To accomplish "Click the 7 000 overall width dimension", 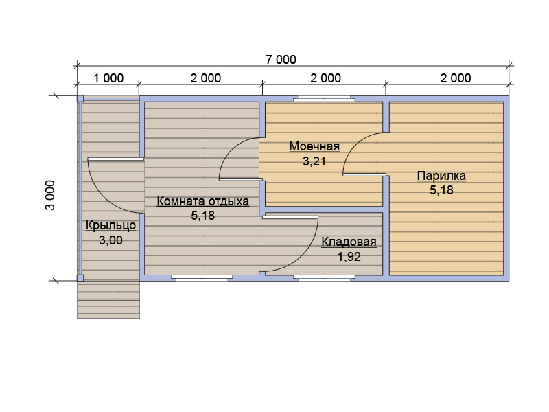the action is [x=281, y=60].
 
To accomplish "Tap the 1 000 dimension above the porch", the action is [x=108, y=78].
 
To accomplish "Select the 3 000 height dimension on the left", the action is [x=50, y=195].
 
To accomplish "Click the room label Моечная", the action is [x=314, y=146].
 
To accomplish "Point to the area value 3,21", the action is [x=314, y=161].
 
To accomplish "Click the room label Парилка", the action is [x=441, y=176].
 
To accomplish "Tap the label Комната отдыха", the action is [x=202, y=201].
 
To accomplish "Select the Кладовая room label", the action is [x=349, y=242].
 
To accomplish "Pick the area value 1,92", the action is [x=349, y=257].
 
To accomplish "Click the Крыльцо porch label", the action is [x=110, y=225].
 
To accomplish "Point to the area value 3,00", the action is [x=110, y=240].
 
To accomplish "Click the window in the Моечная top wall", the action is [x=324, y=99].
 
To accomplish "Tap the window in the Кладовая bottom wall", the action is [x=324, y=278].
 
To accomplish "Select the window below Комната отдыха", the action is [x=202, y=278].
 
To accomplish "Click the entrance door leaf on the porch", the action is [x=115, y=159].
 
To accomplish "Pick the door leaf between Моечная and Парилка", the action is [x=364, y=174].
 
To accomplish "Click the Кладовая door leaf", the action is [x=290, y=217].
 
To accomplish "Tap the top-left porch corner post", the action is [x=80, y=98].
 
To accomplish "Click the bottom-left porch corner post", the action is [x=80, y=278].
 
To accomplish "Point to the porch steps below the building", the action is [x=108, y=299].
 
